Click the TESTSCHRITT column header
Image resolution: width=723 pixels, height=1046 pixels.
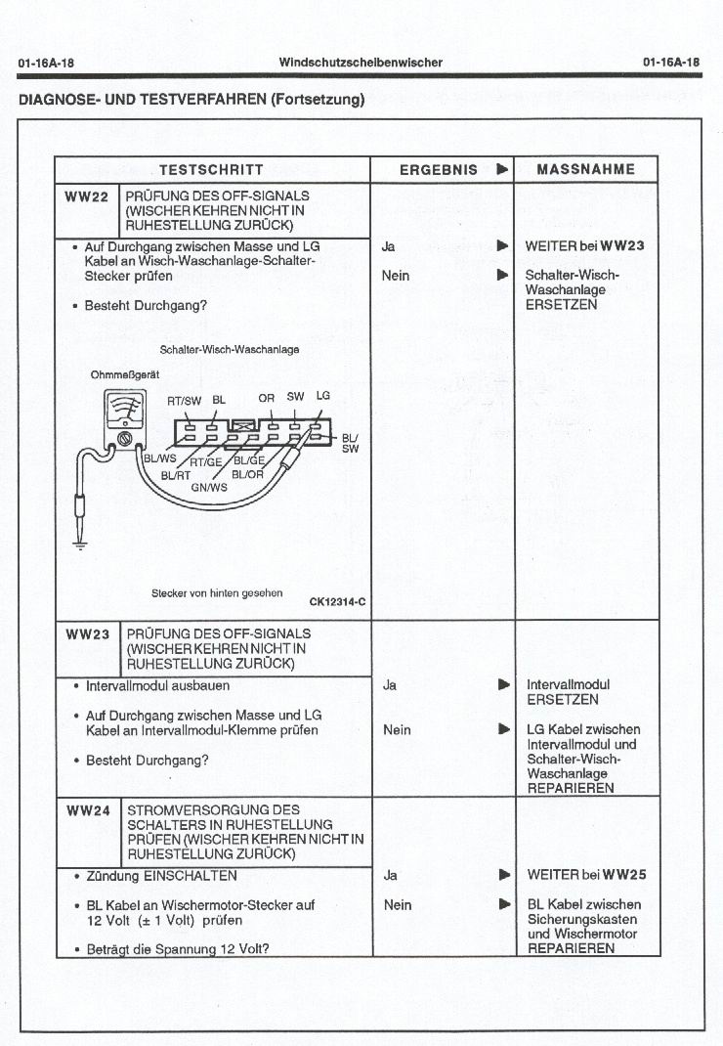[x=211, y=169]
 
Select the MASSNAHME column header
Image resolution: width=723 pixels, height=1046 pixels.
[x=585, y=169]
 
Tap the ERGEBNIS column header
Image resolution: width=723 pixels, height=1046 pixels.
[x=439, y=169]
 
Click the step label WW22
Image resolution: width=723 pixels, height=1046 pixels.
[x=87, y=196]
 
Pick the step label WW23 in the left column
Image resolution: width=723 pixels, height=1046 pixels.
[x=87, y=633]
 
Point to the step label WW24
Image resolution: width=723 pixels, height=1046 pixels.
[x=87, y=810]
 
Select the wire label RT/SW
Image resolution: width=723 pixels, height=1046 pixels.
[x=184, y=400]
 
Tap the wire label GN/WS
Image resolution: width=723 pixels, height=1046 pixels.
[x=208, y=486]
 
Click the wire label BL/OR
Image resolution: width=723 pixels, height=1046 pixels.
[x=247, y=474]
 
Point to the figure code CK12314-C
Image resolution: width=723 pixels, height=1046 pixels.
[x=337, y=601]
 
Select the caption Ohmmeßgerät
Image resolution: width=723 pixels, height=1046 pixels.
[x=125, y=374]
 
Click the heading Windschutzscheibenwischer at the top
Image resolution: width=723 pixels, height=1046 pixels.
[x=361, y=63]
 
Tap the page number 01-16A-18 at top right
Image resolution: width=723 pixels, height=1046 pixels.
[x=672, y=63]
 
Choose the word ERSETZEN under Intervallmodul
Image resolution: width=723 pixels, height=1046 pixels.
[x=563, y=700]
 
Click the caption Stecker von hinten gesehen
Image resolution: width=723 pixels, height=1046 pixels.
[x=217, y=592]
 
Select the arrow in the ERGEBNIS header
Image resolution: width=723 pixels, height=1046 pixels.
[x=502, y=169]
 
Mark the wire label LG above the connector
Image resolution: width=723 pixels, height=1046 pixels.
[x=322, y=396]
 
